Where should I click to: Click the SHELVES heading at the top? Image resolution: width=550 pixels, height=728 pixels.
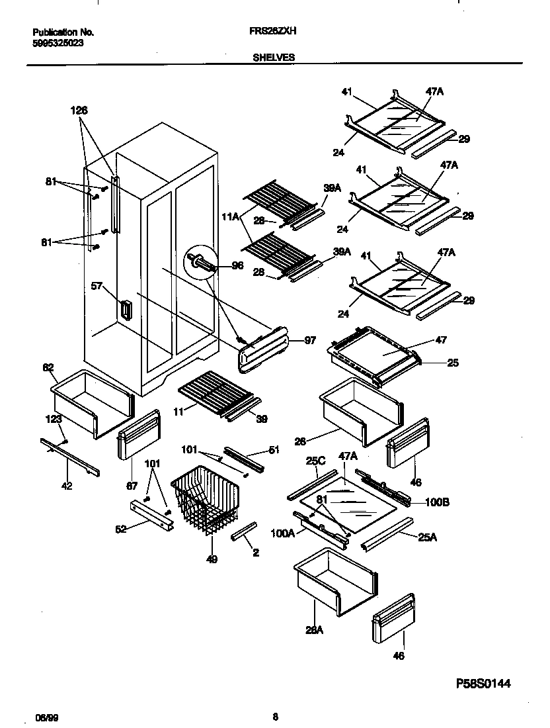[274, 58]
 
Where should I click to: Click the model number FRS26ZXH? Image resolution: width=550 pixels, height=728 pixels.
[274, 31]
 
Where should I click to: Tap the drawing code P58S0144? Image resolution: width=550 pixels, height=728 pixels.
[484, 683]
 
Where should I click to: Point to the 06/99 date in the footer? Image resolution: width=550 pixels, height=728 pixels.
[44, 717]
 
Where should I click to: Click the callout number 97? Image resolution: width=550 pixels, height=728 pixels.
[309, 340]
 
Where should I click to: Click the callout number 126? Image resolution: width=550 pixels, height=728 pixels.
[79, 111]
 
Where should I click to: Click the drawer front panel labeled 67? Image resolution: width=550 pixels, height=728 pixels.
[138, 434]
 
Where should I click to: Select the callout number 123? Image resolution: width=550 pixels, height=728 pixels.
[54, 418]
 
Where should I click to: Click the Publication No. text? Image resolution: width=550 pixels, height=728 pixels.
[63, 32]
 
